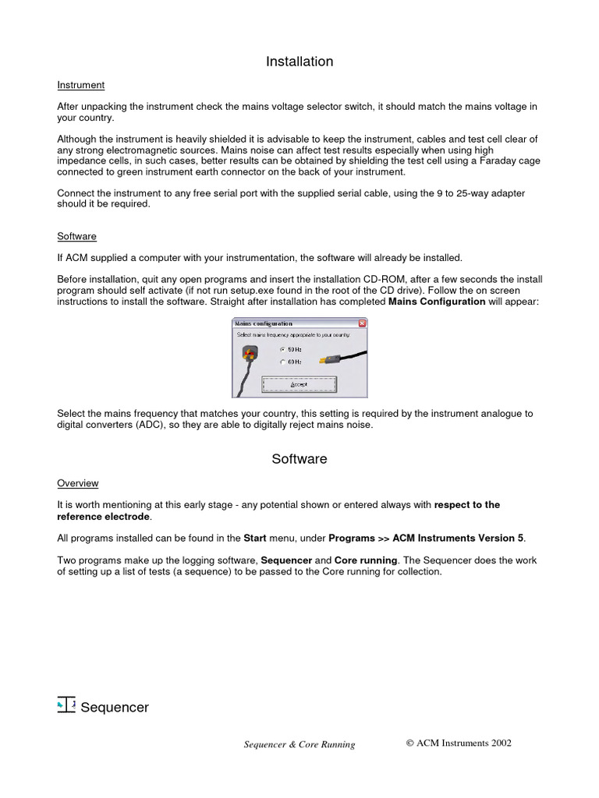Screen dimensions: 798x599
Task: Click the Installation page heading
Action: pos(299,62)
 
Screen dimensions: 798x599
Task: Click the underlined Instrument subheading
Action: pos(80,85)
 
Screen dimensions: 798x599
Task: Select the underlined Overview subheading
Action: pos(78,483)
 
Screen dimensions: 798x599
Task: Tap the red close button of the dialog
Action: pos(362,323)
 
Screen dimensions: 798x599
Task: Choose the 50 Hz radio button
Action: pos(283,350)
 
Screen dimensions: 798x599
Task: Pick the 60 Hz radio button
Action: pos(283,362)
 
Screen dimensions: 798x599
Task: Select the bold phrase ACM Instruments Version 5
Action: pos(458,538)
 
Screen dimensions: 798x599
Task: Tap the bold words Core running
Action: pos(366,560)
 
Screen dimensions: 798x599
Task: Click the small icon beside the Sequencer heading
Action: pos(66,704)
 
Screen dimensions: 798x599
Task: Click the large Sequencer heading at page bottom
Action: pos(114,708)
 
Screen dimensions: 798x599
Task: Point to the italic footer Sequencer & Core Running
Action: pos(299,744)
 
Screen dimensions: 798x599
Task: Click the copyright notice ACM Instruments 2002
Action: pos(459,743)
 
